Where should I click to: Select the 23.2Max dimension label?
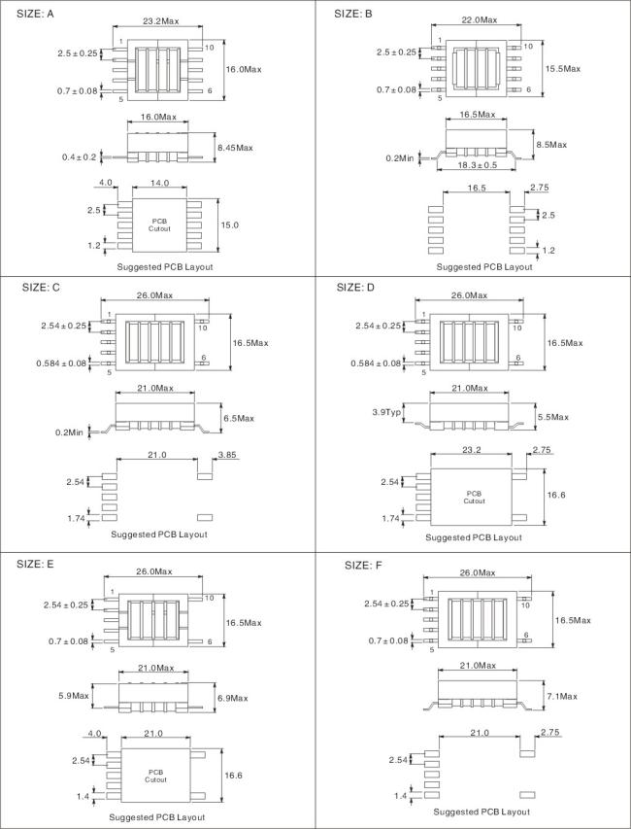click(x=159, y=20)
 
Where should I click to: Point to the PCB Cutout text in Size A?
click(x=159, y=225)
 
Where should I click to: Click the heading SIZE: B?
click(x=353, y=14)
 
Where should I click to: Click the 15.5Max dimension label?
click(x=562, y=69)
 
